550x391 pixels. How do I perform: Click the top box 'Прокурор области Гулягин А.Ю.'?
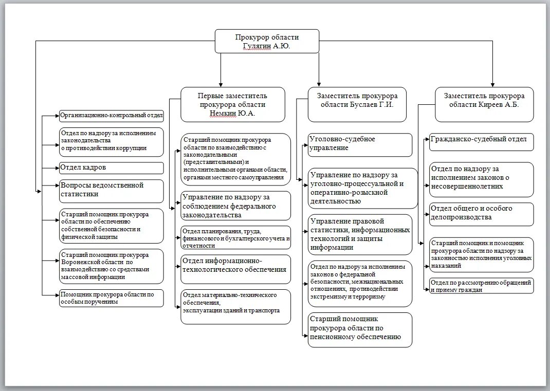click(267, 41)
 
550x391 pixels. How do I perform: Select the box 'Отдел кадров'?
click(111, 168)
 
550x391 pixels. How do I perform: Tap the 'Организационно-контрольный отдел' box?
click(111, 115)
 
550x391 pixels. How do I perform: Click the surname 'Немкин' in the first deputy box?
click(223, 113)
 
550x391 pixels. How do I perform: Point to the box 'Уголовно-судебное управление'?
click(360, 144)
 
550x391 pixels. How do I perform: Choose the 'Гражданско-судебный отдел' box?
click(481, 141)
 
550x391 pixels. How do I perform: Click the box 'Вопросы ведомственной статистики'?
click(111, 191)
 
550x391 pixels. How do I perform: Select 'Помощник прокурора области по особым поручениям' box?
click(111, 298)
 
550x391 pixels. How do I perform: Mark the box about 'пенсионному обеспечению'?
click(360, 329)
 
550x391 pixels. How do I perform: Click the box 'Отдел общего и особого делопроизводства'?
click(481, 214)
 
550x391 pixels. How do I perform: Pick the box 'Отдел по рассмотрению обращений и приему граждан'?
click(481, 286)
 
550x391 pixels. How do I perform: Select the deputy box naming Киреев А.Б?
click(484, 104)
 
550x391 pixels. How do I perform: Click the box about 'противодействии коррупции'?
click(111, 141)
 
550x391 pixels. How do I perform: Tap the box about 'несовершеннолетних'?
click(481, 179)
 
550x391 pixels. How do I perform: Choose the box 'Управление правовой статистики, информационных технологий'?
click(360, 234)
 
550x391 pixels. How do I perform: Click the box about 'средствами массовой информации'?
click(111, 266)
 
